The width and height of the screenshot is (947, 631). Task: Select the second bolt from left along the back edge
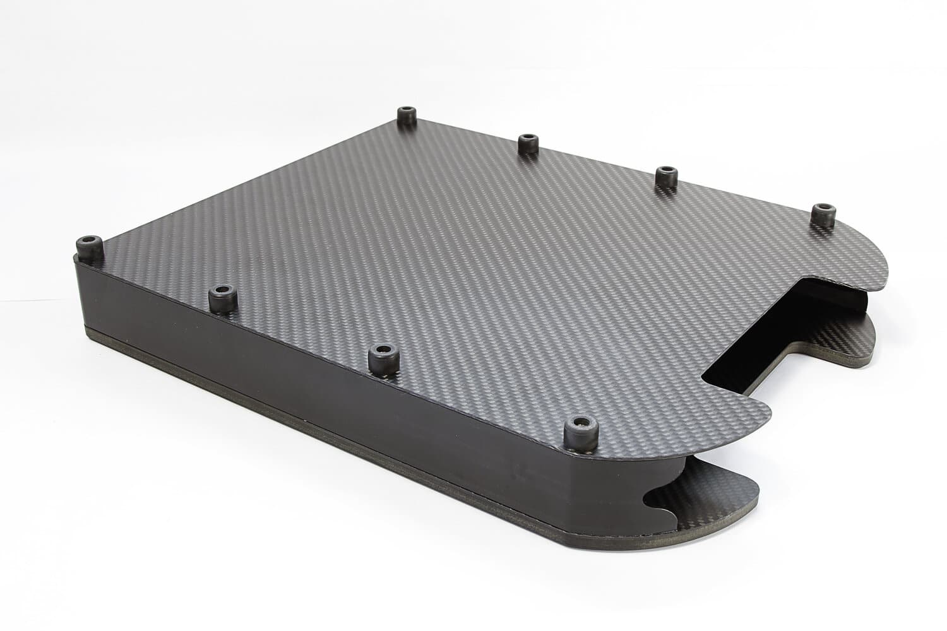(x=527, y=143)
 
